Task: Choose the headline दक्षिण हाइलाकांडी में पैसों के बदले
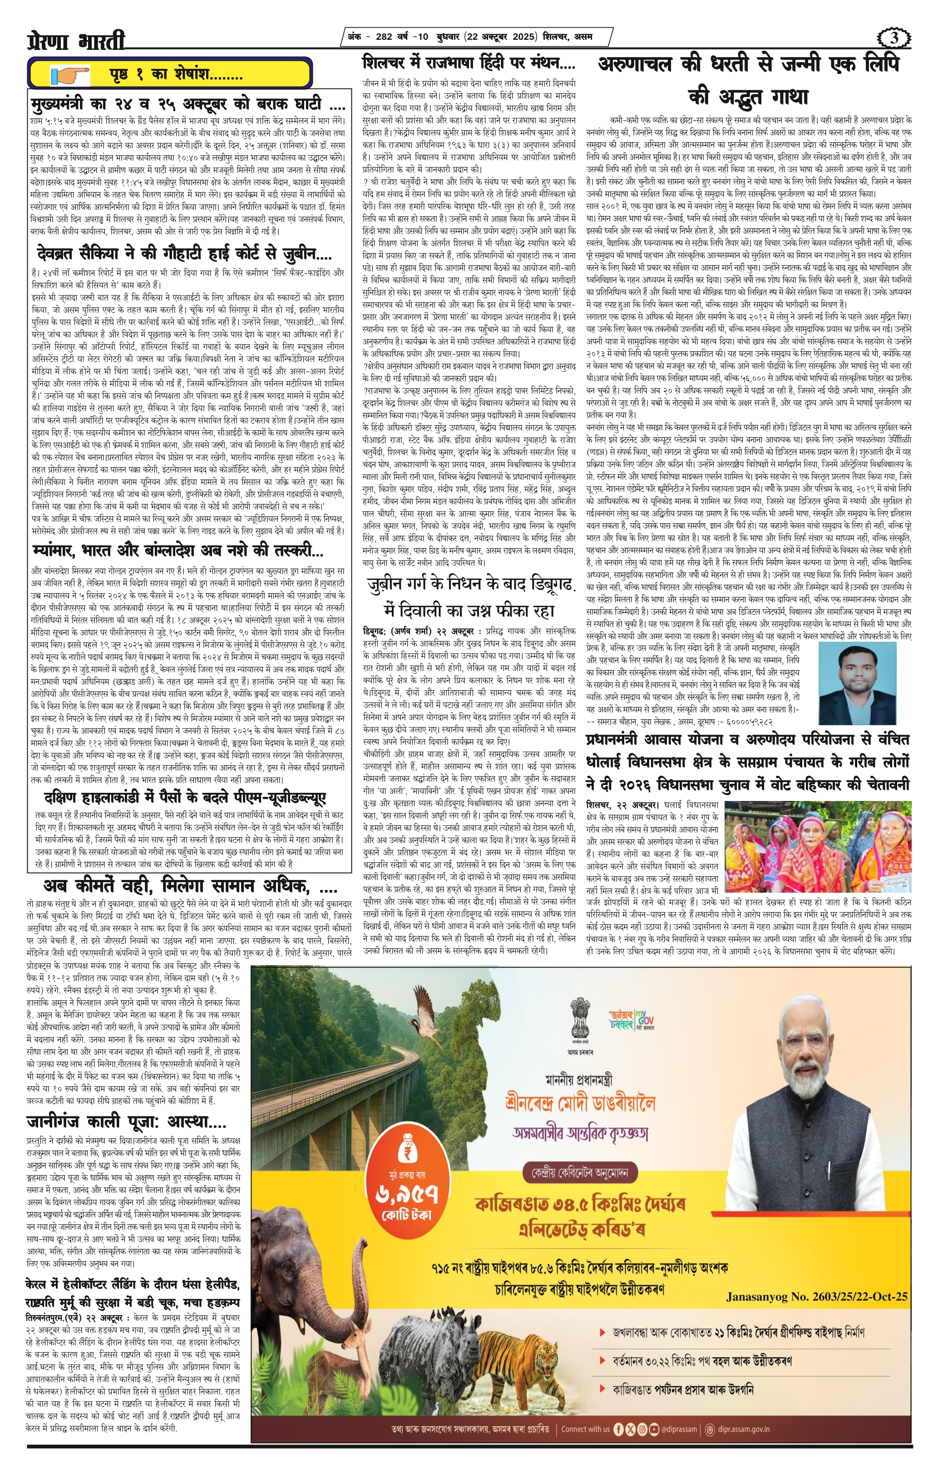click(185, 798)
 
